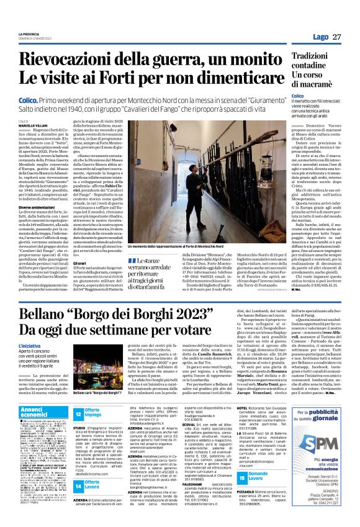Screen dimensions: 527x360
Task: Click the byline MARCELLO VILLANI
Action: tap(33, 125)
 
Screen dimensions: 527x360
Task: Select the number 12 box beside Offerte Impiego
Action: tap(79, 413)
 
